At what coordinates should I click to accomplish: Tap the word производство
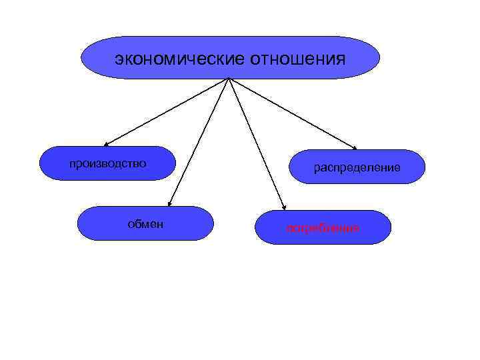tap(108, 163)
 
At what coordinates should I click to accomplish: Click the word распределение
tap(357, 167)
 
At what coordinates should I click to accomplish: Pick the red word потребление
tap(323, 228)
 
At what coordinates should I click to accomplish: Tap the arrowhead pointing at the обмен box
tap(169, 204)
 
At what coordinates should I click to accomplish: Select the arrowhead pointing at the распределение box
tap(355, 148)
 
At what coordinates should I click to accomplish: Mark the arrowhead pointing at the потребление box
tap(283, 207)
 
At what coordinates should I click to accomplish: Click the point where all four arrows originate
tap(229, 79)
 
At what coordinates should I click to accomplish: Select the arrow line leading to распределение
tap(293, 114)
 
